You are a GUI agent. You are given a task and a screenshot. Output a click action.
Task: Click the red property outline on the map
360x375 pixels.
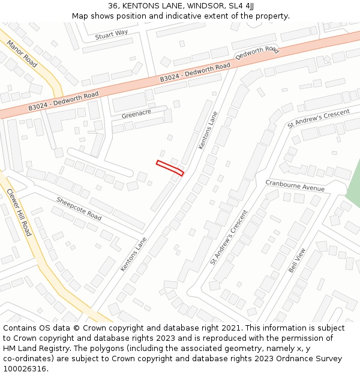(170, 168)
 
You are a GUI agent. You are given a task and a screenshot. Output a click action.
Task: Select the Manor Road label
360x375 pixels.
(22, 54)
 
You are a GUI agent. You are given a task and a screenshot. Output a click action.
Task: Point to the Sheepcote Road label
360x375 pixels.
(79, 208)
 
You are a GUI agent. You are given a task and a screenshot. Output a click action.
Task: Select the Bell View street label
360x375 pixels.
(297, 260)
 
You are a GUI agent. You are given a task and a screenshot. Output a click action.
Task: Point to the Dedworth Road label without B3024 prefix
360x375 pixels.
(257, 53)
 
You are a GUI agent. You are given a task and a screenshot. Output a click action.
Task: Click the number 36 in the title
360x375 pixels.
(113, 5)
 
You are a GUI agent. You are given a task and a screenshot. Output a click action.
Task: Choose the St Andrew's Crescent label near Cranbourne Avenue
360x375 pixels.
(229, 238)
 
